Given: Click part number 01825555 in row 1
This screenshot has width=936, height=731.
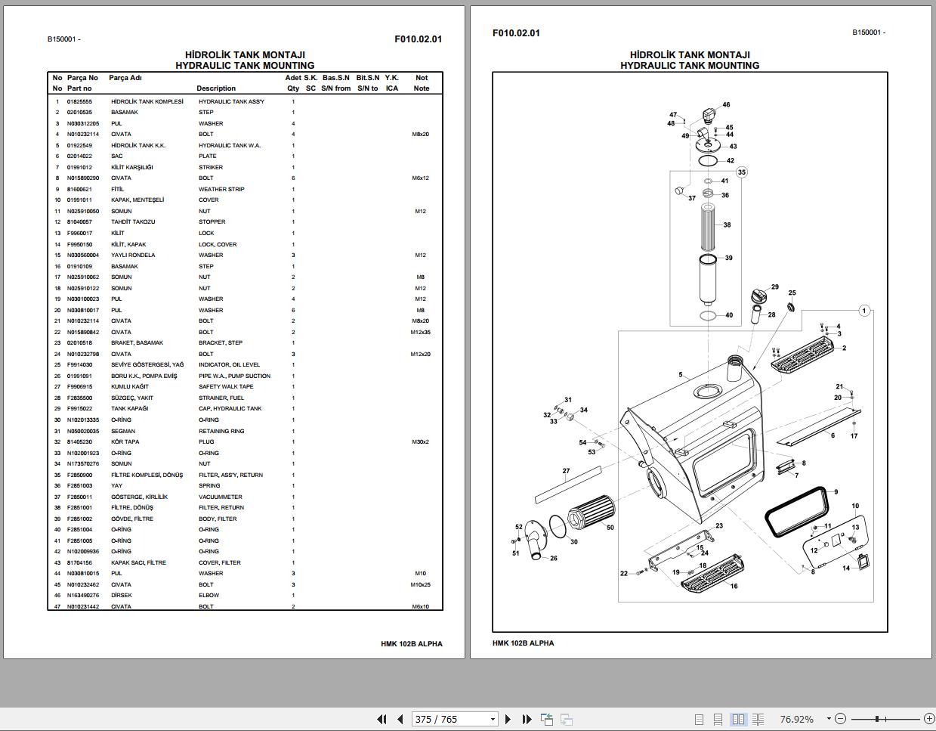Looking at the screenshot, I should pos(79,101).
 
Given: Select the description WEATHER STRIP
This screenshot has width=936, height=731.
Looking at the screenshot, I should pos(221,189).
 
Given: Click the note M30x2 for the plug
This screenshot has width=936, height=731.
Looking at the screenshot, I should pos(421,441).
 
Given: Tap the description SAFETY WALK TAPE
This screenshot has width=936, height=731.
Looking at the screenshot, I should pos(226,386).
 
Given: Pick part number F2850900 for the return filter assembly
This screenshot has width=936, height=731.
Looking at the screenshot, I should pos(79,475).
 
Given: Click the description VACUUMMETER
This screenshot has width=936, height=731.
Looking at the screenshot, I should pos(220,497).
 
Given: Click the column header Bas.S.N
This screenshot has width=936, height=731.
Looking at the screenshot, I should pos(336,77).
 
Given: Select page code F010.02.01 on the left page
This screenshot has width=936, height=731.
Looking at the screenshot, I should pos(418,39).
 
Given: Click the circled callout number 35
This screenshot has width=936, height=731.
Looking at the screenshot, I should pos(742,172).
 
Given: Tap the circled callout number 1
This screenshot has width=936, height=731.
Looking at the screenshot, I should pos(864,311).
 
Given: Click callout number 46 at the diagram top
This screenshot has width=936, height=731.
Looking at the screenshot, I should pos(726,105).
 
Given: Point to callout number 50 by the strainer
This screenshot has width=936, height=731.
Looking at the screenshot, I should pos(610,528).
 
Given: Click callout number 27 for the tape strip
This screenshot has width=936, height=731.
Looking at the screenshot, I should pos(566,471).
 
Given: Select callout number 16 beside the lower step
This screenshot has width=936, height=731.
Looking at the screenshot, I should pos(734,586).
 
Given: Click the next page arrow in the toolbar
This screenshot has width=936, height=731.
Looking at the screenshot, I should pos(508,719).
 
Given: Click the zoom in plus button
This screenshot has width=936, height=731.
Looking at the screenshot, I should pos(928,719).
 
